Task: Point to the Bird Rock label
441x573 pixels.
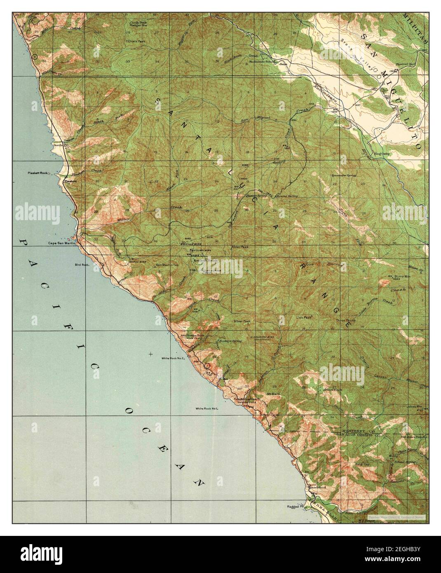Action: click(x=82, y=264)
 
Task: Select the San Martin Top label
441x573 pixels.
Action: click(x=167, y=265)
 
